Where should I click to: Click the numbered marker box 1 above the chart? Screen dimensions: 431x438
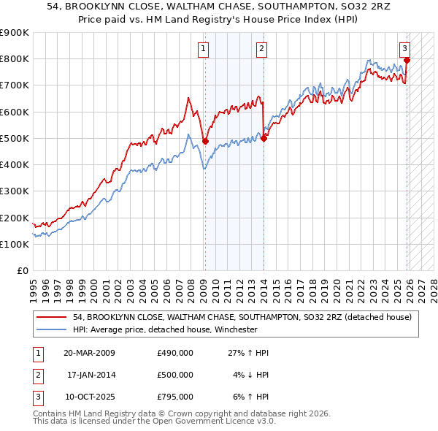(202, 50)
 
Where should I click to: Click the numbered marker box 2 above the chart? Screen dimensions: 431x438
(261, 50)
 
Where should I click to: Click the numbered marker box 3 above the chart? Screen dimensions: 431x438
(404, 50)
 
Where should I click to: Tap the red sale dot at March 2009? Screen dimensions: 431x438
(205, 141)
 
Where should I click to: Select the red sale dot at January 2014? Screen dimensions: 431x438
(264, 139)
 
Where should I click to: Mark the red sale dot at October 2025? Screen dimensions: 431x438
(407, 61)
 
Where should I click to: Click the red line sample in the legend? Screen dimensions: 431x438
(52, 317)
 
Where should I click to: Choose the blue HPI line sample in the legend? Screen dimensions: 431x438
(52, 329)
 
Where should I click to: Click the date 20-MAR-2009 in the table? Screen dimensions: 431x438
(88, 353)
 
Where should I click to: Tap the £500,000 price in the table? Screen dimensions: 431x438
(174, 375)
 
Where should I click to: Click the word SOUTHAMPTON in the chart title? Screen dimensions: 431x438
(264, 7)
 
